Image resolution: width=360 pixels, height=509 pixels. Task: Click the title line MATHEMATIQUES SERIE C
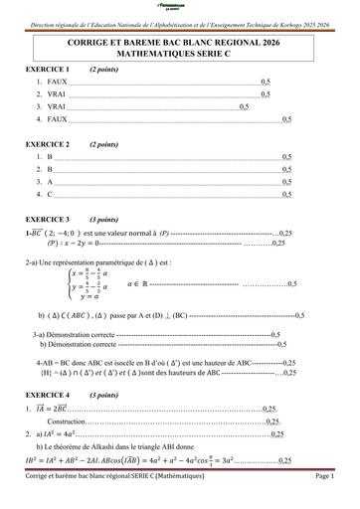coord(179,54)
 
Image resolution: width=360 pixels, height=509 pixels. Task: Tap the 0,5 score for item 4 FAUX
coord(286,120)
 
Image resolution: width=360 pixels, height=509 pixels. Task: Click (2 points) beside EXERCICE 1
coord(105,71)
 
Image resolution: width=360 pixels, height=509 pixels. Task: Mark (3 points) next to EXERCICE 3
coord(105,218)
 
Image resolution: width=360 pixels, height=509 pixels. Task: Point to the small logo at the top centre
coord(180,7)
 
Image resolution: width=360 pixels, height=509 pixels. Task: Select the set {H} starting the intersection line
coord(45,372)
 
